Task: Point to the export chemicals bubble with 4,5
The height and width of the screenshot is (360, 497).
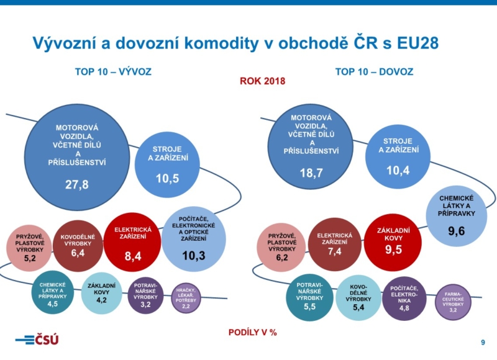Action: coord(53,292)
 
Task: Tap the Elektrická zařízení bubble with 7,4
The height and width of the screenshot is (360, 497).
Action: coord(334,243)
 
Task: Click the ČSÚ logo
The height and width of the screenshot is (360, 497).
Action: coord(37,340)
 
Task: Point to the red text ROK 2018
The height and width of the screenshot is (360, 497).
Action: coord(262,81)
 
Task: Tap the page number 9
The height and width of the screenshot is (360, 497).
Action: coord(483,343)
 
